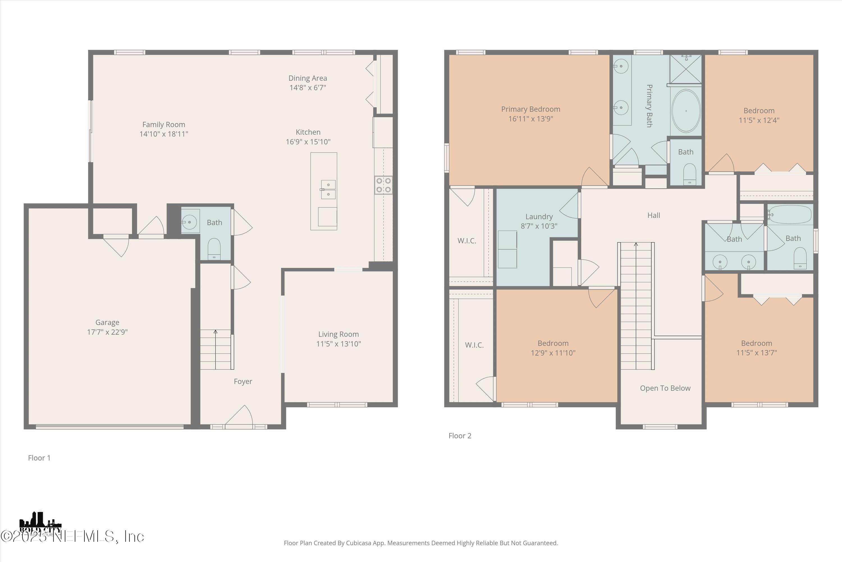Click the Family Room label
coord(164,124)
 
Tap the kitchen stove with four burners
coord(383,185)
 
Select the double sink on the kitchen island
coord(328,189)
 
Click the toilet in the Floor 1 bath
coord(214,248)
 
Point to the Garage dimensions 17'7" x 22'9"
coord(107,332)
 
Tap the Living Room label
coord(338,334)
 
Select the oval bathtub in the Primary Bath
coord(686,111)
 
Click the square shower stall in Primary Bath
coord(686,69)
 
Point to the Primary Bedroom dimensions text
coord(530,119)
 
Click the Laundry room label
coord(539,216)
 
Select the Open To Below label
coord(665,388)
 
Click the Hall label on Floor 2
coord(653,216)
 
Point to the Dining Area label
coord(308,78)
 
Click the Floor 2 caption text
coord(460,436)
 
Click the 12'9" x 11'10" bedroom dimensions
coord(553,353)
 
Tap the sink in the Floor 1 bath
coord(189,222)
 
